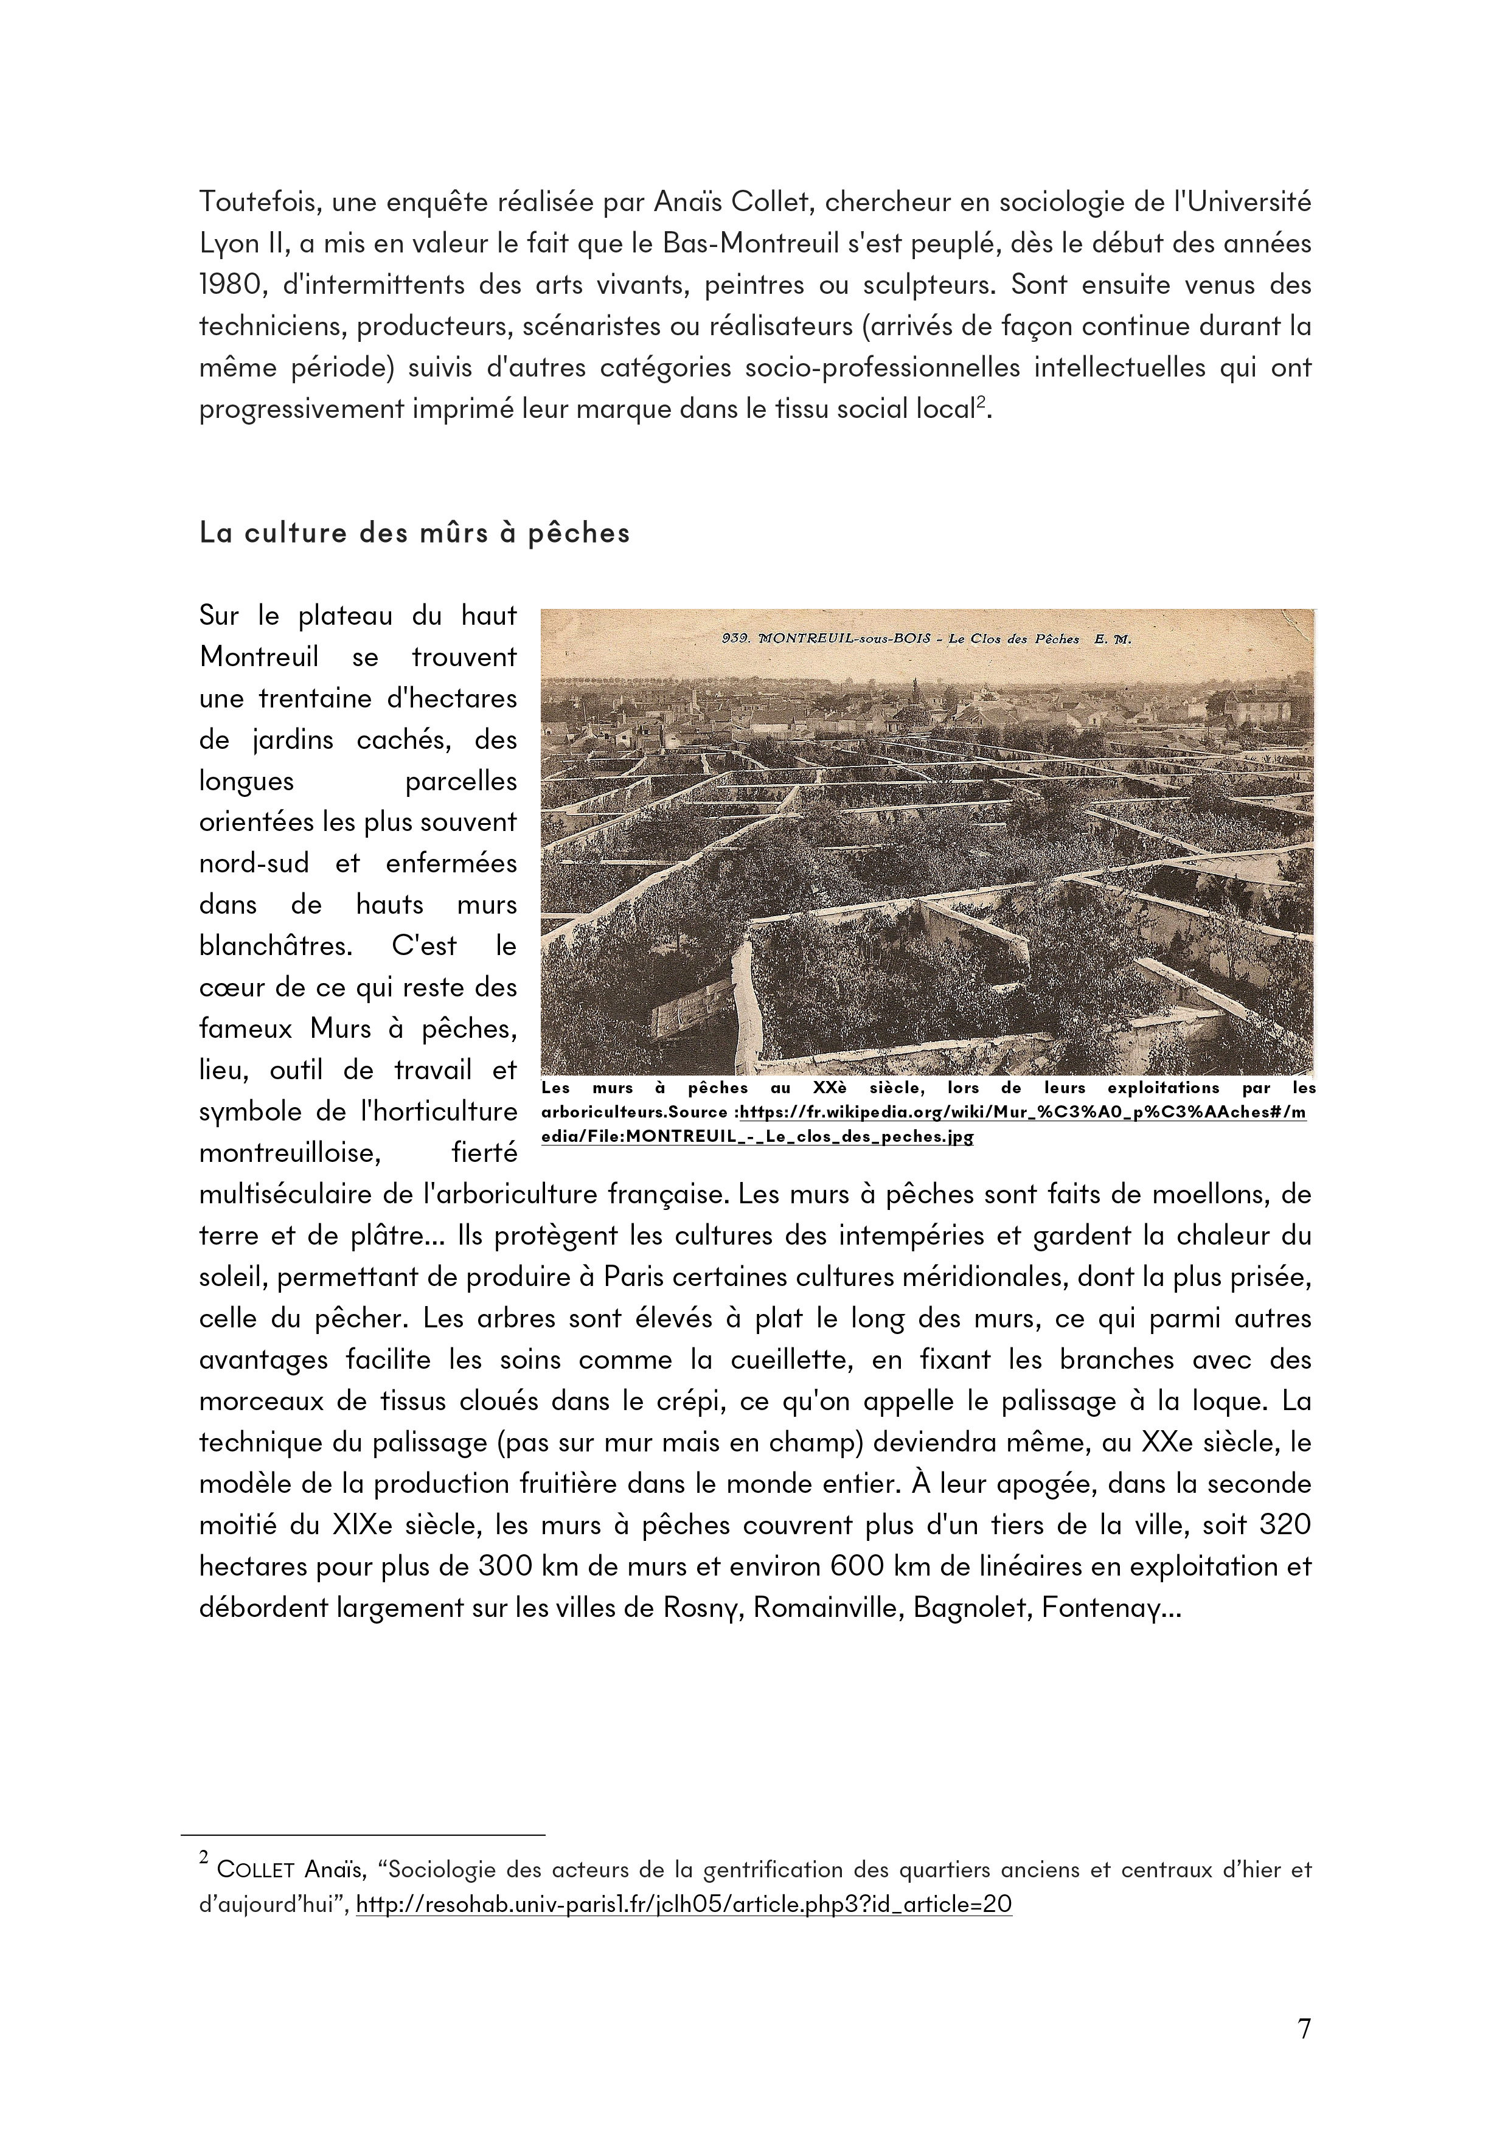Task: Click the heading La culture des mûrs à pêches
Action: [414, 533]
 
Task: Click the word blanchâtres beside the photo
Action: [276, 946]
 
